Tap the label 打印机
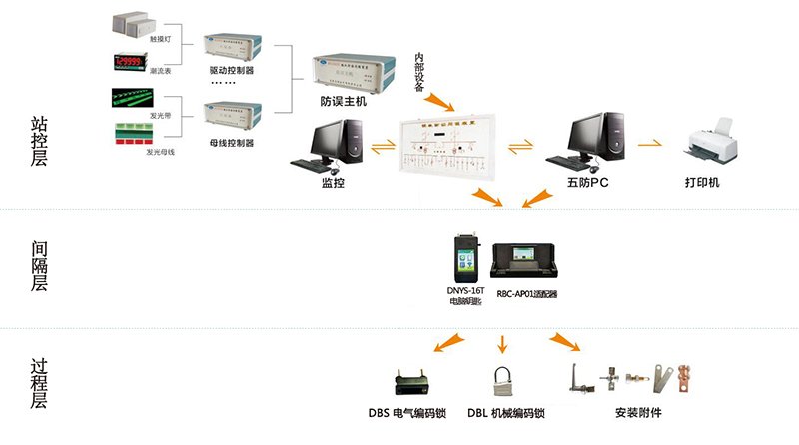pyautogui.click(x=702, y=184)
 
